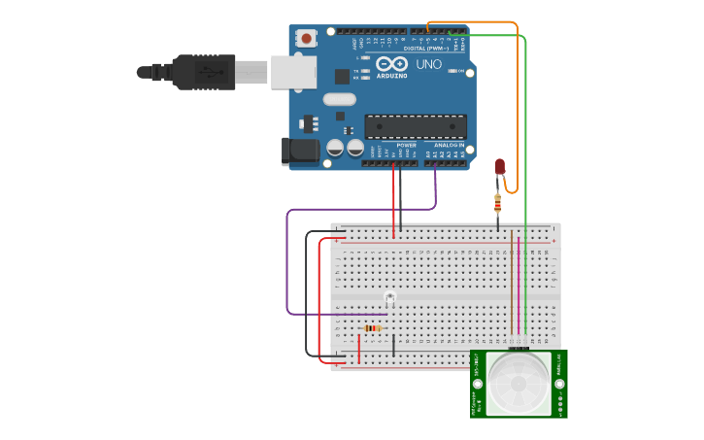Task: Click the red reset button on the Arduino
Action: (307, 39)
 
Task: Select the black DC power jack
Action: (298, 150)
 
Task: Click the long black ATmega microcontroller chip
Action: (415, 126)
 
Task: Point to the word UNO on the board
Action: (429, 64)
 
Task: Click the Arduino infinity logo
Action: (399, 63)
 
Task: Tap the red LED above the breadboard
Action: (500, 167)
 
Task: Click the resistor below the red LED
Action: (498, 203)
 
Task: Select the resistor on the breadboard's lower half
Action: (373, 328)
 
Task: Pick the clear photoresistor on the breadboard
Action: (389, 296)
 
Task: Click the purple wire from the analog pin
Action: (287, 262)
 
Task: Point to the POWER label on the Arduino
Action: (406, 145)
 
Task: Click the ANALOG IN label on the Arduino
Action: (449, 145)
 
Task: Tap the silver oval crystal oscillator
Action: (340, 98)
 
